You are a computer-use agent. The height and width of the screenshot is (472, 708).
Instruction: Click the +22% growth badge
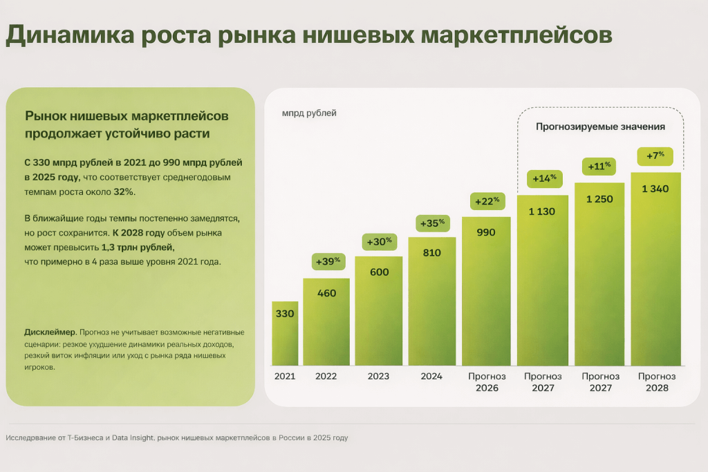485,201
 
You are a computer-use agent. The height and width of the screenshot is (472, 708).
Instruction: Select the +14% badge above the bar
542,178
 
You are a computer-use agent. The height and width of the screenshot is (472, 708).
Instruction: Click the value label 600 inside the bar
379,272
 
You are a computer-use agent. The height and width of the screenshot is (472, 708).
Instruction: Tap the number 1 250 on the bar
599,199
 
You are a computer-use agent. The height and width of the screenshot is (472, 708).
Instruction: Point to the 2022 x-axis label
326,377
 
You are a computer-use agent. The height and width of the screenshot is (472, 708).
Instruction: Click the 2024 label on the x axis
431,377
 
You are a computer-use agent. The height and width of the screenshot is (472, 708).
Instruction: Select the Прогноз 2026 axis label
487,382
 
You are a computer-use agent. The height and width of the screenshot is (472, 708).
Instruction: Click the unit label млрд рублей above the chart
309,113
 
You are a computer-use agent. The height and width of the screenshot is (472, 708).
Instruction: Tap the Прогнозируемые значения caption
600,127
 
